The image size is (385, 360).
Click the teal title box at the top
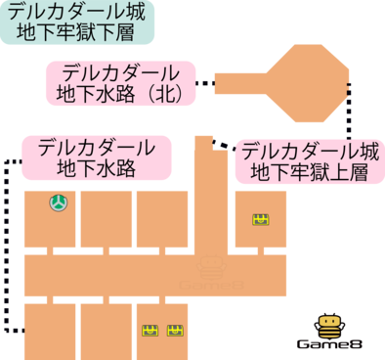tap(77, 23)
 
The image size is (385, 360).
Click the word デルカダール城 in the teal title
tap(77, 14)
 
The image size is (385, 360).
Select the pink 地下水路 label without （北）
tap(96, 157)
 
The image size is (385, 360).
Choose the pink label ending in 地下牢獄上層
tap(309, 162)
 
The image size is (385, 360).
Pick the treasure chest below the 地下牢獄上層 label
tap(261, 219)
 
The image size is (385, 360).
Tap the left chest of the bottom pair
tap(150, 330)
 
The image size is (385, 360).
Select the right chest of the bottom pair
tap(175, 330)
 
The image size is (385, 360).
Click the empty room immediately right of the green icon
tap(106, 218)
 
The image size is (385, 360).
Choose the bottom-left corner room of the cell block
tap(49, 330)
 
